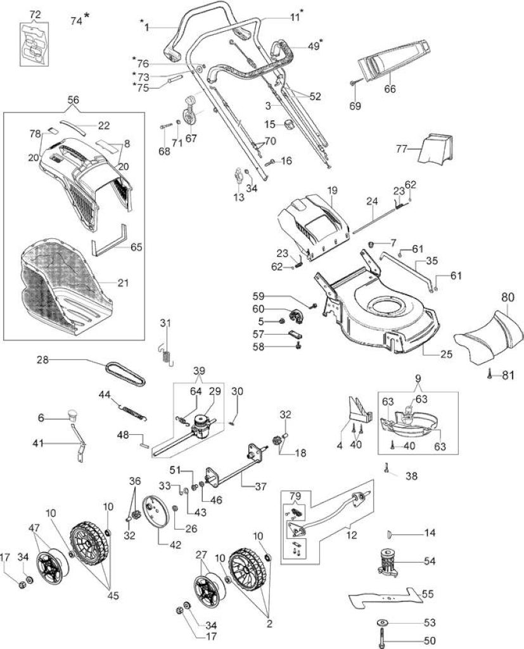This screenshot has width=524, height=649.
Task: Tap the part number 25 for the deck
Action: pyautogui.click(x=446, y=354)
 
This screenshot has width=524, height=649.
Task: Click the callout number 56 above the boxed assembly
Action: pyautogui.click(x=73, y=100)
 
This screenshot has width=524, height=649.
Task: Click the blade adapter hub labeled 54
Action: pyautogui.click(x=388, y=562)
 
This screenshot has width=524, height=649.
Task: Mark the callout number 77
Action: pyautogui.click(x=402, y=148)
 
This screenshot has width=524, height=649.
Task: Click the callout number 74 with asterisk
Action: pyautogui.click(x=79, y=20)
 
